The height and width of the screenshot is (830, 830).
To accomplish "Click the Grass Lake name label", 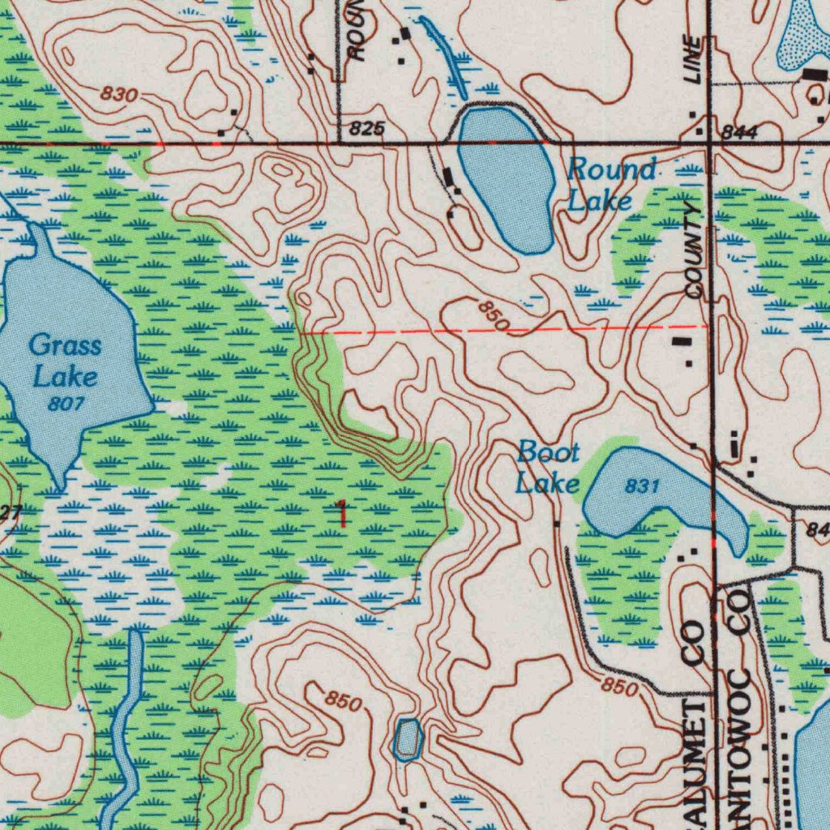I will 65,361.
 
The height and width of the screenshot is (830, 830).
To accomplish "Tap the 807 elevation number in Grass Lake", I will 65,403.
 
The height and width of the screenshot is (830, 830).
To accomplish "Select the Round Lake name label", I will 610,185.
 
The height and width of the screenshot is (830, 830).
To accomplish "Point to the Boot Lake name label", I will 549,468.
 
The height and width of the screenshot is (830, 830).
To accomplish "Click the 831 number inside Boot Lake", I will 641,486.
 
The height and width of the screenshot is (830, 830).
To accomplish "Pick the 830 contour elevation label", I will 119,95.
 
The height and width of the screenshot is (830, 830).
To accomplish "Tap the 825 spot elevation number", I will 367,129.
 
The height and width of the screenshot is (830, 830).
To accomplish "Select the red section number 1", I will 342,514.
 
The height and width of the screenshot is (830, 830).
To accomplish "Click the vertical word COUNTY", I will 694,251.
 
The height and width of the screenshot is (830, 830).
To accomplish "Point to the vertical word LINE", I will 693,61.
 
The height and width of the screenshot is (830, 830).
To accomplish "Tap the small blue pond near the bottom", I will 407,738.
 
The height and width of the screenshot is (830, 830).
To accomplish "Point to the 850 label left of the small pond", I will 343,701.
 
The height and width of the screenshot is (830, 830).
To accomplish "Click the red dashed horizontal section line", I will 503,330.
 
